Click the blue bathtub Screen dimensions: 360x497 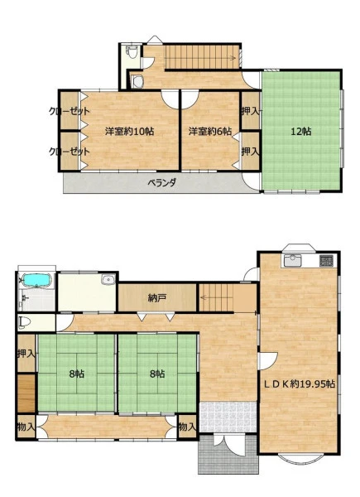[37, 280]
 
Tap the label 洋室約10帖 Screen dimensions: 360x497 [129, 131]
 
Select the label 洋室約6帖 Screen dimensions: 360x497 [210, 131]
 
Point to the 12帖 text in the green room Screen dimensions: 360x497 [300, 131]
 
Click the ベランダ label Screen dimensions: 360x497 [162, 183]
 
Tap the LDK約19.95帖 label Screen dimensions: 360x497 [300, 384]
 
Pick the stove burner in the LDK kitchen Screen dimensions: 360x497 [326, 261]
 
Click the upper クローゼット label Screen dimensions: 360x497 [70, 111]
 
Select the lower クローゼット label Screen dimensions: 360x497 [70, 152]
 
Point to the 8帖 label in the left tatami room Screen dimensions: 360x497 [77, 374]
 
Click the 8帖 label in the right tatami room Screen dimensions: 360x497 [157, 374]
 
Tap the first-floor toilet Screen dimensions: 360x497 [25, 323]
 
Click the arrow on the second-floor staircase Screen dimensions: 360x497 [233, 58]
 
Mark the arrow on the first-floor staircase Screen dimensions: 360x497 [205, 297]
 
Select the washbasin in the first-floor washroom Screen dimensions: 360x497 [108, 280]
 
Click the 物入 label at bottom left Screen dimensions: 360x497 [26, 427]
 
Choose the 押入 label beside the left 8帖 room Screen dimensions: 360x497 [26, 354]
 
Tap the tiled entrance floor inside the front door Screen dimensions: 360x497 [228, 417]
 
